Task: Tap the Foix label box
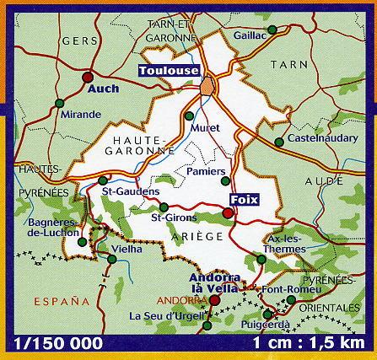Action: pos(243,200)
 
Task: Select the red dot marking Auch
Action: pos(88,78)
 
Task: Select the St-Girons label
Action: pos(167,220)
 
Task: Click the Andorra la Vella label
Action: pos(216,282)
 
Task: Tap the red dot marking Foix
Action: pos(228,214)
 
